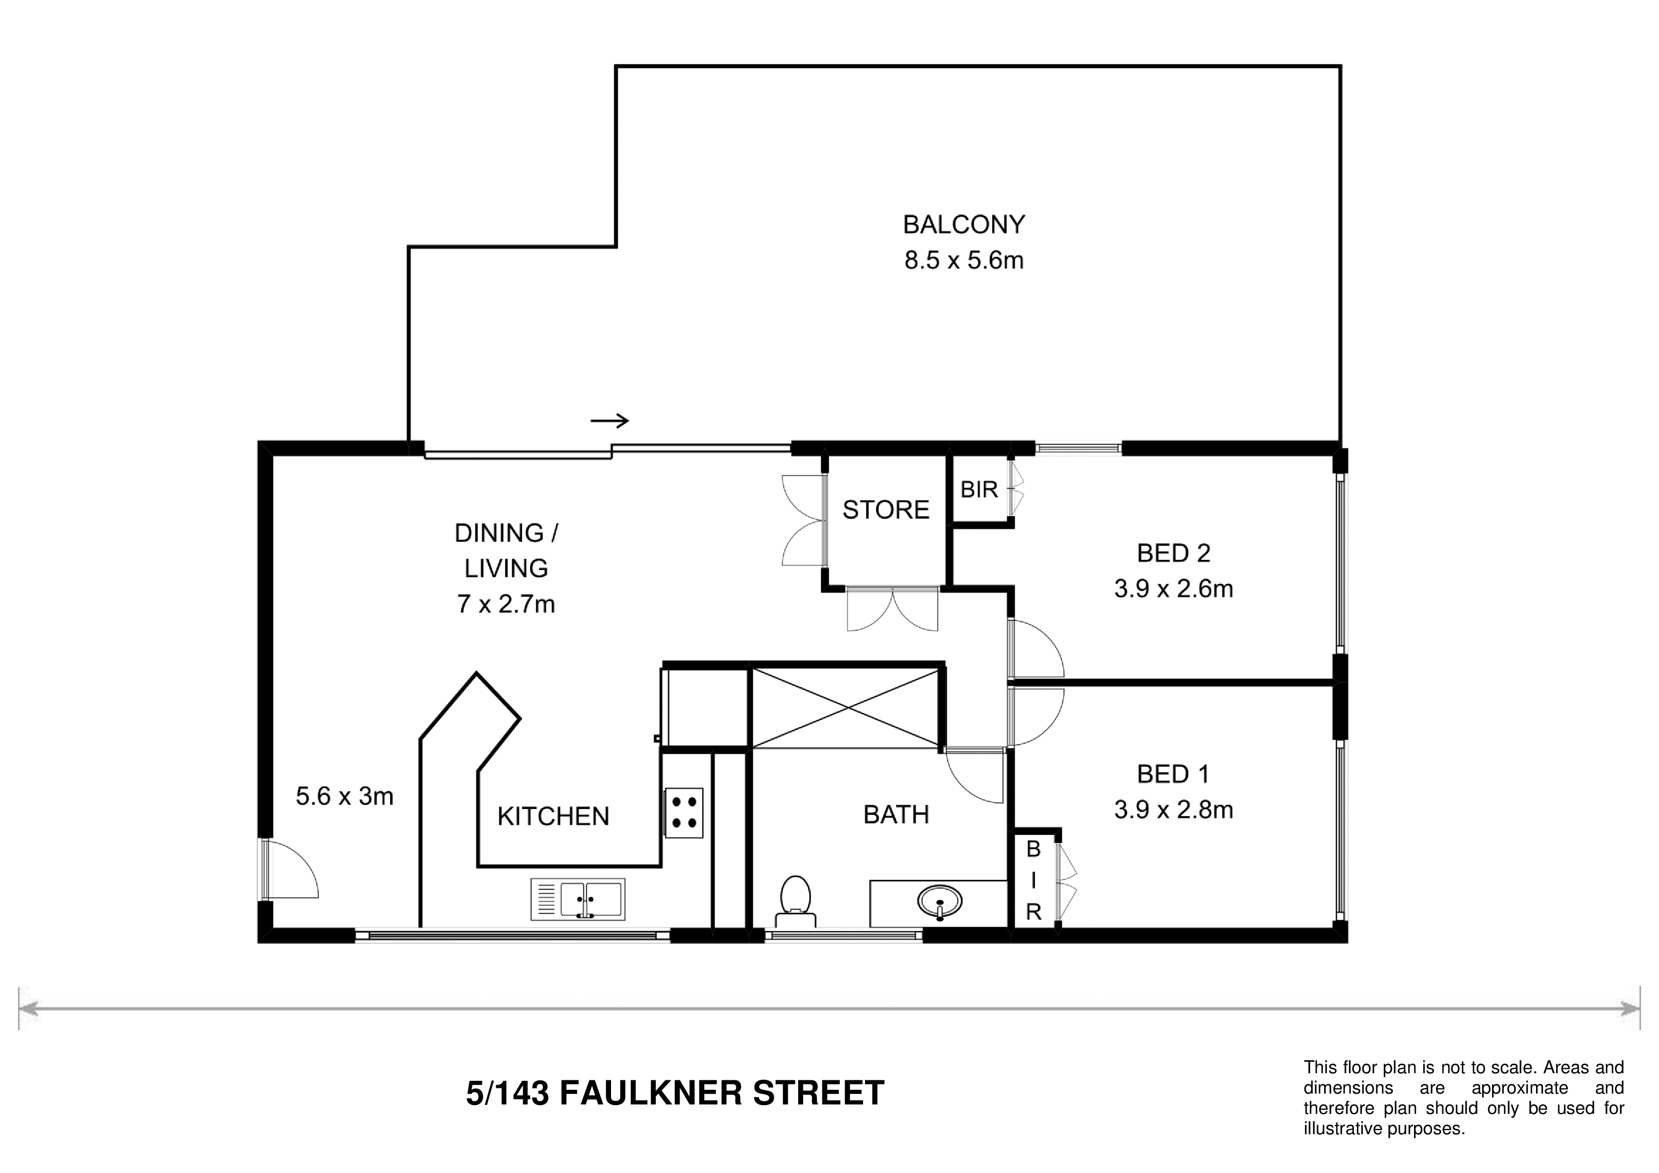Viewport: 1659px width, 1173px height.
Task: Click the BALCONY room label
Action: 964,225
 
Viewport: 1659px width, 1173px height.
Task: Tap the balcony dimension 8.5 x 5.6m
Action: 964,260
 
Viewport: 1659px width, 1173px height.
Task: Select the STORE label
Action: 886,510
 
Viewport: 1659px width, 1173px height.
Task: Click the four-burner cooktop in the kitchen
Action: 683,813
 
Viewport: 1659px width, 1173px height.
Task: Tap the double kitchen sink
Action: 578,899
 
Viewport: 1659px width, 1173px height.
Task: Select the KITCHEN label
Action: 553,816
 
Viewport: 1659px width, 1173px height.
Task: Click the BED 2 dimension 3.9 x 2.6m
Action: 1173,589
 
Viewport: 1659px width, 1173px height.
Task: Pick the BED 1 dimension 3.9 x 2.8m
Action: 1173,810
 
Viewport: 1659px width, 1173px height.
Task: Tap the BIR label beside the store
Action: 979,490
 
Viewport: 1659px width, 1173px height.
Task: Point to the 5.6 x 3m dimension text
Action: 345,796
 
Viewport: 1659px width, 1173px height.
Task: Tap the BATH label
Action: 896,815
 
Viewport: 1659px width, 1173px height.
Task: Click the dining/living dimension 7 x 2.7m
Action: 506,604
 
